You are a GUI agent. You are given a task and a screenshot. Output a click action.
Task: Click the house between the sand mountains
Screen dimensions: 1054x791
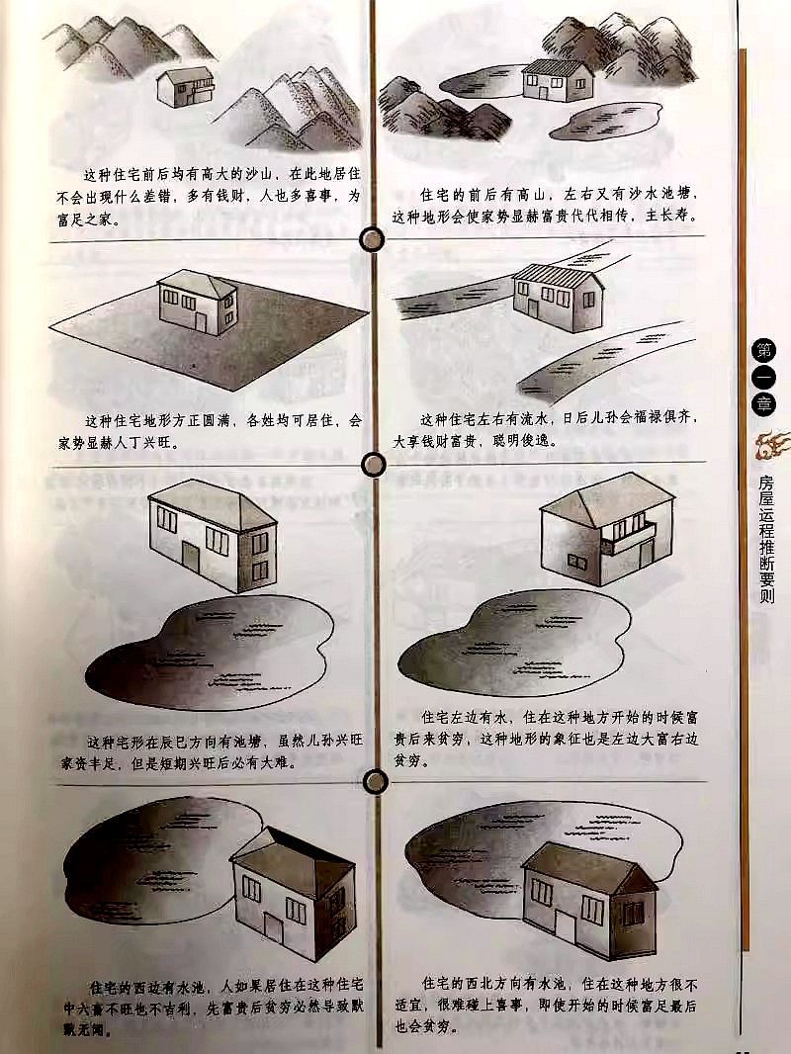click(185, 87)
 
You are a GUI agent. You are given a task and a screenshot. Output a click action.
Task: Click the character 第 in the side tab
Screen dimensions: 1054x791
click(765, 348)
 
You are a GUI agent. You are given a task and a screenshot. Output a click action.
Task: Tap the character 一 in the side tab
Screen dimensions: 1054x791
click(765, 376)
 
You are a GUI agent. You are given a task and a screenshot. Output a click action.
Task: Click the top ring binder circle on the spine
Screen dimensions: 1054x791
click(373, 239)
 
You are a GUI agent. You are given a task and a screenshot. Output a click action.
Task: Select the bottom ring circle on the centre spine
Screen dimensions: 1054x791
click(375, 782)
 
